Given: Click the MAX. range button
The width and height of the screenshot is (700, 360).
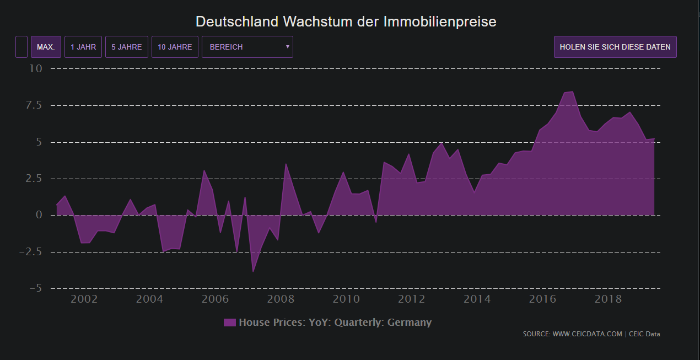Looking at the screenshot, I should point(46,47).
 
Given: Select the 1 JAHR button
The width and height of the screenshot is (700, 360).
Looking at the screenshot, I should point(83,47).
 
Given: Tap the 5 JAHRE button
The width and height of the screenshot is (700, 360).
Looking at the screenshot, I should point(127,47).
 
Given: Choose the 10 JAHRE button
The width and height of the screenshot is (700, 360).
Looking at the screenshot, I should point(175,47).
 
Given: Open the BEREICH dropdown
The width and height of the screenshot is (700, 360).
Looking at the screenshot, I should point(247,47).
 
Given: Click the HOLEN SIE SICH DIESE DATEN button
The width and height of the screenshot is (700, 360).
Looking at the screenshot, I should point(615,47).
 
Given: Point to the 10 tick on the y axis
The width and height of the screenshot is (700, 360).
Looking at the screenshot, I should point(36,68).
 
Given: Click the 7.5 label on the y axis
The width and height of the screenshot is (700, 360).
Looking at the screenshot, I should point(34,105).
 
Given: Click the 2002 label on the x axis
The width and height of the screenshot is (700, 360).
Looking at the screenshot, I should point(84,299).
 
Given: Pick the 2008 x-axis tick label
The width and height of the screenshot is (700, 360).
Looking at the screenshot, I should point(281,299).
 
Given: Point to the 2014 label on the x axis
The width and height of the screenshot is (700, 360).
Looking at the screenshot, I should point(477,299).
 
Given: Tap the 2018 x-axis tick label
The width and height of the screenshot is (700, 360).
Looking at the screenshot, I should point(609,299).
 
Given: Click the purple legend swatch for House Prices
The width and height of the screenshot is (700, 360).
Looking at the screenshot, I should point(230,323).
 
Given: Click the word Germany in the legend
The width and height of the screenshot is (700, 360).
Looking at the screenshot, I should point(410,323).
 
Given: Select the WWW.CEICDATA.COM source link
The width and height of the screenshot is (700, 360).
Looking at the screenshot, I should point(587,334).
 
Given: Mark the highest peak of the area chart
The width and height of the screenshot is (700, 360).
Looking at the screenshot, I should point(572,92).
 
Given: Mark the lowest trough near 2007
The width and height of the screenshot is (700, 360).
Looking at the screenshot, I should point(253,272).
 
